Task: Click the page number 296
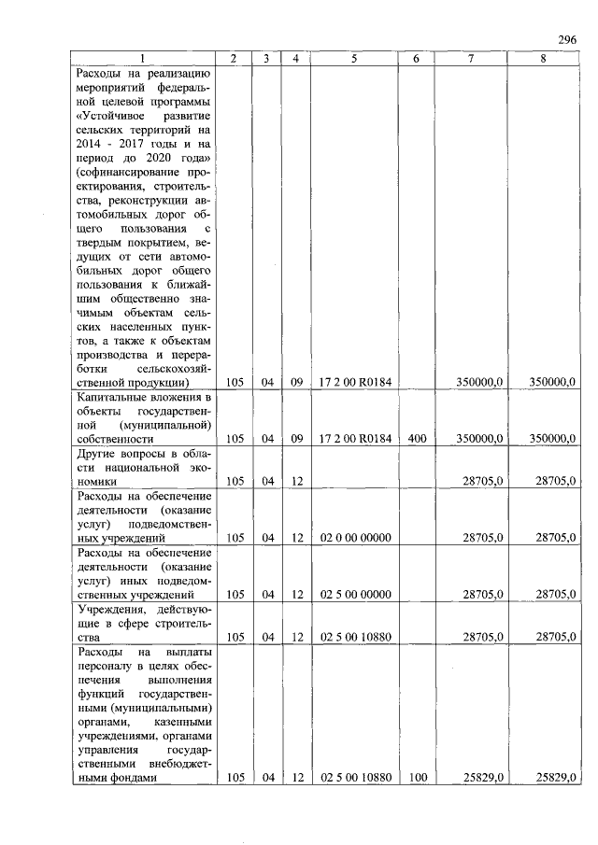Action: (567, 38)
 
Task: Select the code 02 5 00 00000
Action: (354, 594)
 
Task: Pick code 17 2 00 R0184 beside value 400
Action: (354, 438)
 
